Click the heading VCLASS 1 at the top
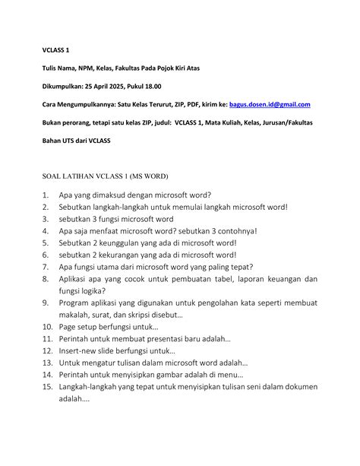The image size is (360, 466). point(55,50)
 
